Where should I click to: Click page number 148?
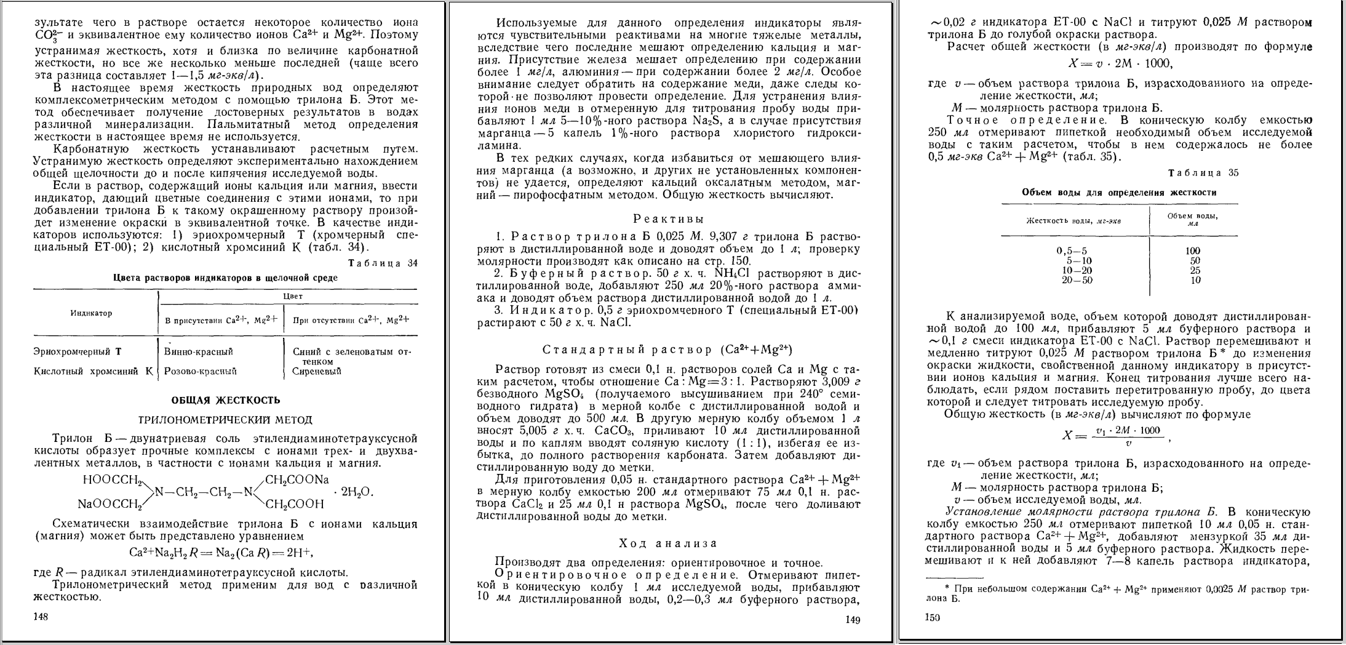tap(41, 616)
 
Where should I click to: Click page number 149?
tap(851, 620)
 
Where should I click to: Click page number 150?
tap(933, 618)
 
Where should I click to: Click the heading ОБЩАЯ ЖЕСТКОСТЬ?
tap(225, 400)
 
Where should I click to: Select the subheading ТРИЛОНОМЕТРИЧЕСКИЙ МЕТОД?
tap(225, 420)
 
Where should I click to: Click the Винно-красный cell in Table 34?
tap(199, 352)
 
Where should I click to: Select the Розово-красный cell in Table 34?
tap(201, 371)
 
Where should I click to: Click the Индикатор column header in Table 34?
tap(92, 313)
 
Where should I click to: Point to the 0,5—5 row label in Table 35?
tap(1072, 250)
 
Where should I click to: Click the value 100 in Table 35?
tap(1193, 250)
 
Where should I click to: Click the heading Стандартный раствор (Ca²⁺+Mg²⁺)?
tap(667, 350)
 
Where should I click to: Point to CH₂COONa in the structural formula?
tap(297, 479)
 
